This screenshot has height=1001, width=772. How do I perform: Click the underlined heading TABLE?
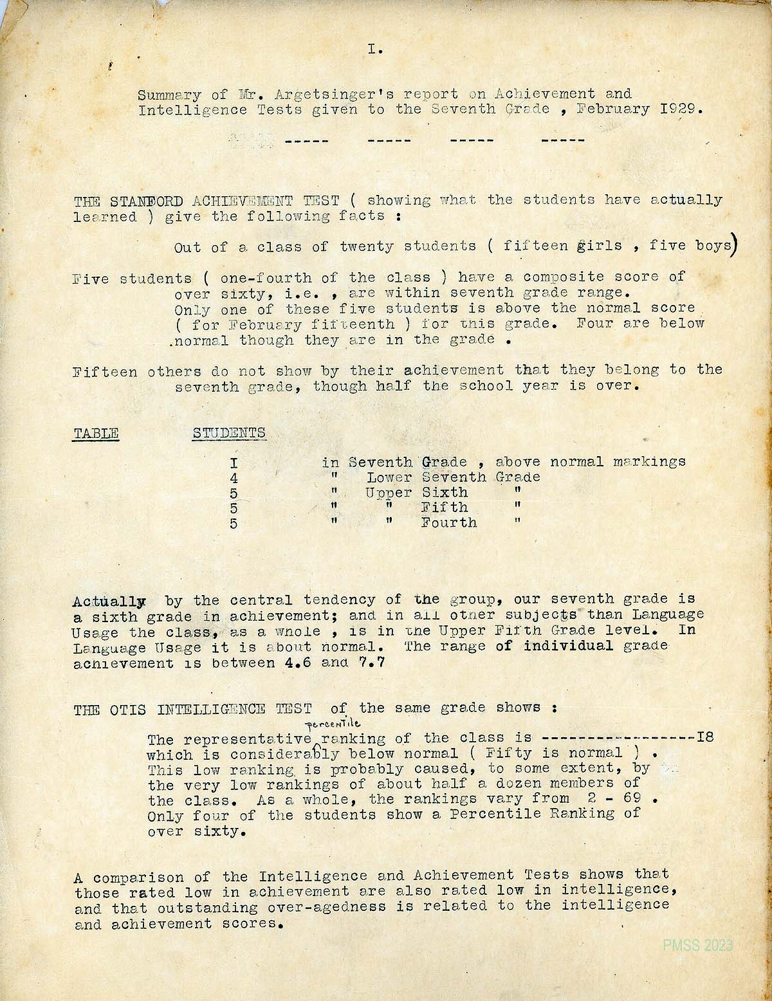click(x=96, y=433)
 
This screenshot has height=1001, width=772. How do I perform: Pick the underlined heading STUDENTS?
click(x=229, y=433)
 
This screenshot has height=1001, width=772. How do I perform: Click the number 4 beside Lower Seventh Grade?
click(x=234, y=478)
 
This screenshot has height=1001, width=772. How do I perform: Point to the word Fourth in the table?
click(x=449, y=522)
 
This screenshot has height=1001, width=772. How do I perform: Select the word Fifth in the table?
click(x=444, y=508)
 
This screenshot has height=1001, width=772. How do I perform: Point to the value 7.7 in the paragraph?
click(x=372, y=662)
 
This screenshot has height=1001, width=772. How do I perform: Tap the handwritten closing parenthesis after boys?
click(x=733, y=246)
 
